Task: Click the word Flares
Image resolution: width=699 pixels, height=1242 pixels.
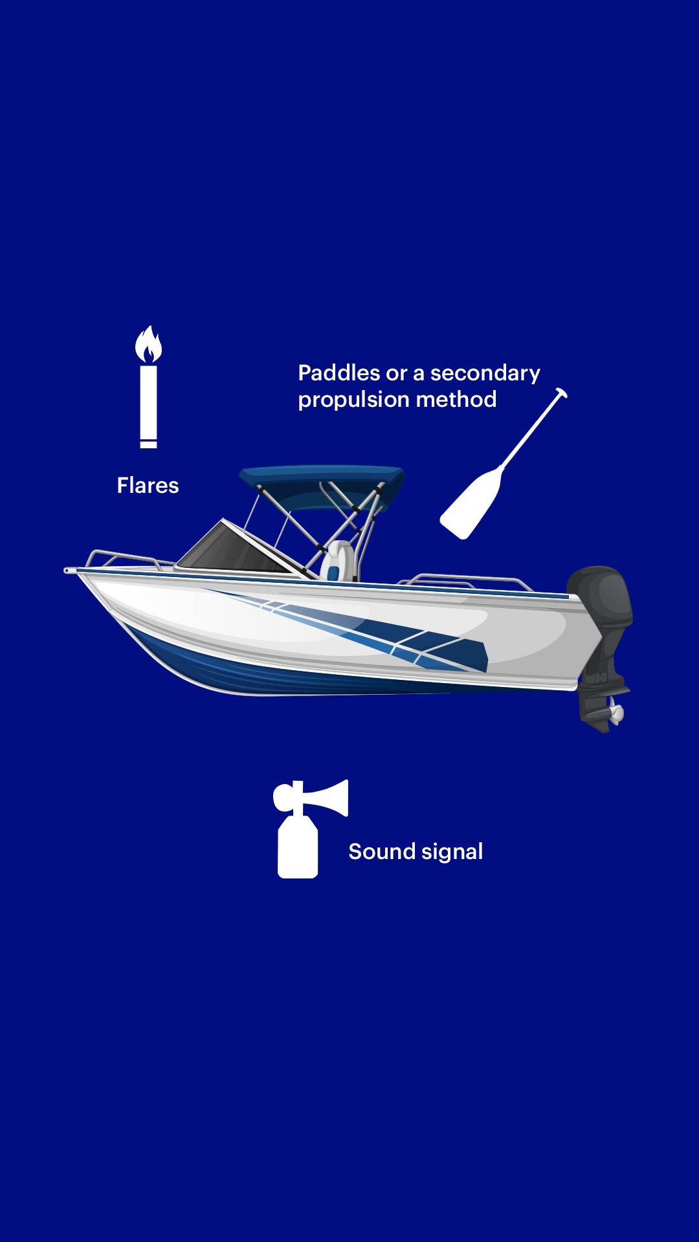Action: pyautogui.click(x=148, y=485)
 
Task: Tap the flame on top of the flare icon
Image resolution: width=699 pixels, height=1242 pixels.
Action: pyautogui.click(x=148, y=344)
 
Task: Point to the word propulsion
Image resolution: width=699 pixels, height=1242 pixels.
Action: pyautogui.click(x=353, y=401)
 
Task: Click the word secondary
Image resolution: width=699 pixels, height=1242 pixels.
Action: pyautogui.click(x=485, y=374)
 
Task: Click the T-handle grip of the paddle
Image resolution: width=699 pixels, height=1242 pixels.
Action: pyautogui.click(x=561, y=393)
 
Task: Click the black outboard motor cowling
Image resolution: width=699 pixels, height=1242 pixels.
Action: pyautogui.click(x=600, y=598)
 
